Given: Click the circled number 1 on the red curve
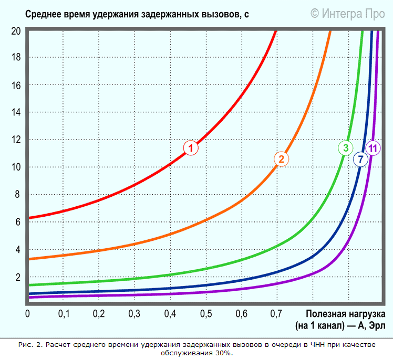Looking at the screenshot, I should coord(191,148).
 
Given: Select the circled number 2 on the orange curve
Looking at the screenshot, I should coord(281,158).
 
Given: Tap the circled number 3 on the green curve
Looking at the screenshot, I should coord(345,148).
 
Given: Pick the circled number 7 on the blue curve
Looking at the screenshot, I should coord(360,159).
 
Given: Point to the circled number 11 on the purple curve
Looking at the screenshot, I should coord(373,148).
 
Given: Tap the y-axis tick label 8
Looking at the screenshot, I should coord(17,195).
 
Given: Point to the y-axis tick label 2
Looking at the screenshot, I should coord(17,277).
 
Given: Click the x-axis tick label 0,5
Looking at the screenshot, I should coord(205,314).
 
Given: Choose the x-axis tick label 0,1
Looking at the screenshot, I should coord(63,314).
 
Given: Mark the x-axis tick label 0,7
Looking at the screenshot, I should coord(276,314).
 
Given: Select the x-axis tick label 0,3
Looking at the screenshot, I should coord(134,314).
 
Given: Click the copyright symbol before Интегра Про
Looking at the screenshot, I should coord(315,13).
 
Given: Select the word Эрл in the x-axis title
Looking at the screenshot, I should coord(377,325).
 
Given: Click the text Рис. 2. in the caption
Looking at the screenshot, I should coord(30,345).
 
